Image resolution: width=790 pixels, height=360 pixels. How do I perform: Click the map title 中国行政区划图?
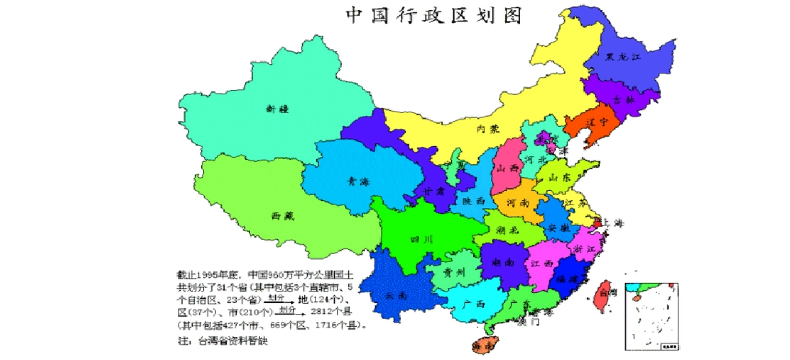(434, 15)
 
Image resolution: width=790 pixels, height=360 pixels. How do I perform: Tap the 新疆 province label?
(277, 109)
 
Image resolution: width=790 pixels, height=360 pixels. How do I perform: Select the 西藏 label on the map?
(283, 215)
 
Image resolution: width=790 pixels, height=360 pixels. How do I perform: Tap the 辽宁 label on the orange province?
(595, 122)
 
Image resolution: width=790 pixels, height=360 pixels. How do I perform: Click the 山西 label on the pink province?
(508, 168)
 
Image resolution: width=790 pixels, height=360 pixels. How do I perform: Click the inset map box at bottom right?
(652, 315)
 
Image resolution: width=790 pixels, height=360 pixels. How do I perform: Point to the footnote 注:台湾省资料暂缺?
(222, 341)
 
